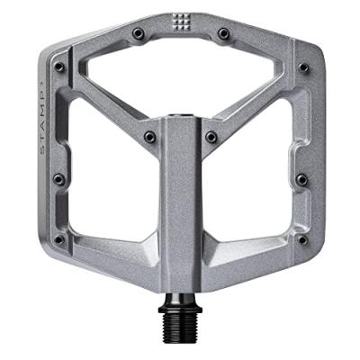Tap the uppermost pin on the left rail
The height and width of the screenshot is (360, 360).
coord(58,66)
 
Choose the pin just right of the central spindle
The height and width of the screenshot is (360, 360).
coord(211,137)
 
